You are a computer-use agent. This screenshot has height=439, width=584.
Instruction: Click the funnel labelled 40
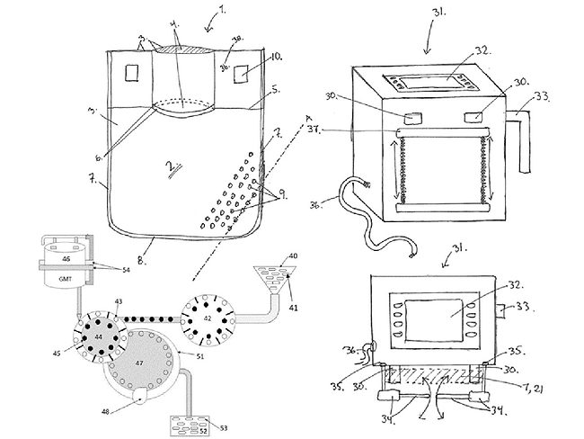coord(270,267)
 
